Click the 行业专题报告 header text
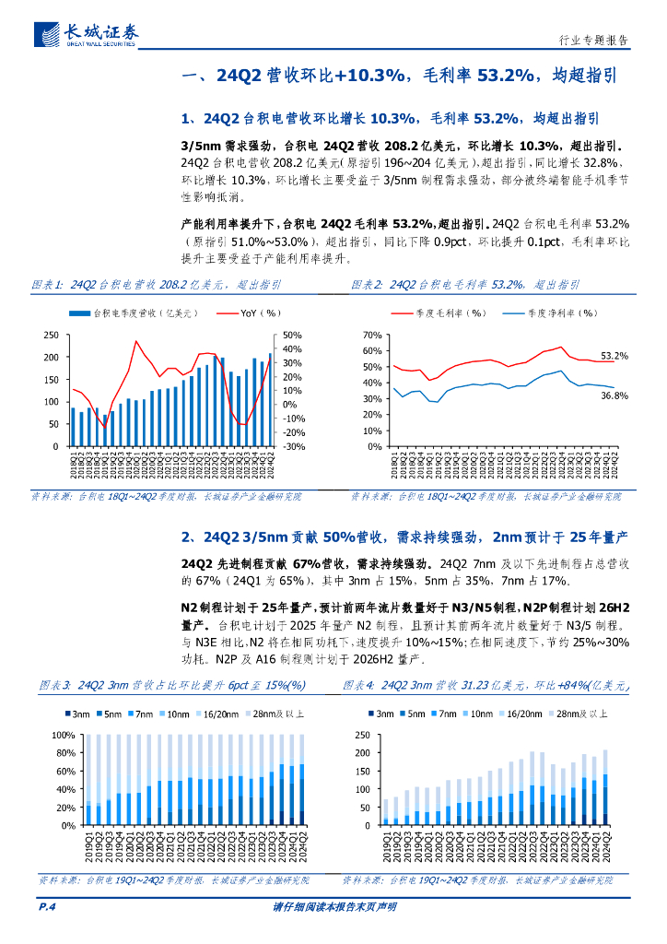(x=594, y=41)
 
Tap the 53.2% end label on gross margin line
(x=614, y=355)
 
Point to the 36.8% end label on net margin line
(x=614, y=395)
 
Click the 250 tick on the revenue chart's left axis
(x=52, y=335)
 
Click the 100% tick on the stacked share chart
(x=63, y=736)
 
